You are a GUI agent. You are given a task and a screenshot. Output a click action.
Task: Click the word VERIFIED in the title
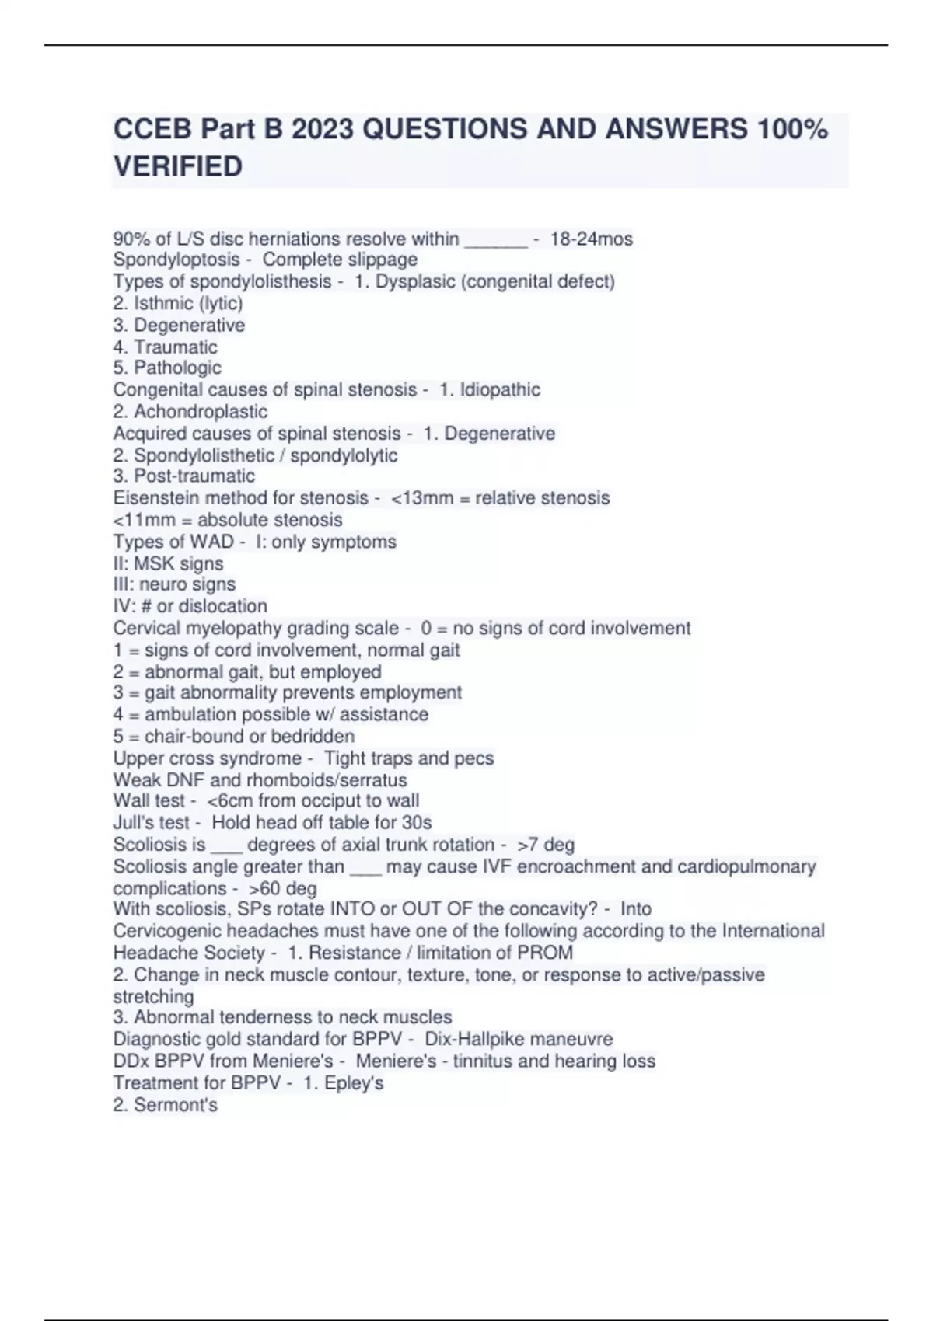[178, 166]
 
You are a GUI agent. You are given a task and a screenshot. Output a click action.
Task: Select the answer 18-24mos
[591, 239]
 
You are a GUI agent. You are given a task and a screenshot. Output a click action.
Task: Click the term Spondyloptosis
[176, 260]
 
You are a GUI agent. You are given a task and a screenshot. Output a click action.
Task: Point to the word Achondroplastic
[201, 411]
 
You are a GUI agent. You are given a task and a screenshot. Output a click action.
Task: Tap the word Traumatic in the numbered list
[176, 347]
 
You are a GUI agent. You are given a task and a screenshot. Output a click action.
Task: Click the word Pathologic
[177, 368]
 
